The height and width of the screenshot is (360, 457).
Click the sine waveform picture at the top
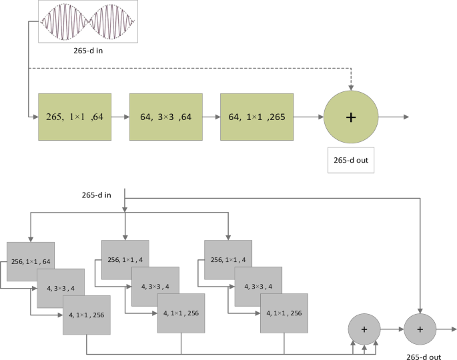pos(88,21)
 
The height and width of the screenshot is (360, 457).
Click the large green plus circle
pos(350,117)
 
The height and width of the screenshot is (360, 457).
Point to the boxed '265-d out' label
pos(351,160)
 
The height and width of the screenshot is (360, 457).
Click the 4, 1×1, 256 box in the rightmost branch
pos(285,313)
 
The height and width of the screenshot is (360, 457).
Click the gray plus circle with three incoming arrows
pos(364,329)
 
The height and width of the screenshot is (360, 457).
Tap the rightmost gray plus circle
pos(420,329)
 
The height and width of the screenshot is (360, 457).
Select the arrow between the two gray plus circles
pos(392,329)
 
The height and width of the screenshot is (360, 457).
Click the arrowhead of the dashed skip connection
pos(350,87)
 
